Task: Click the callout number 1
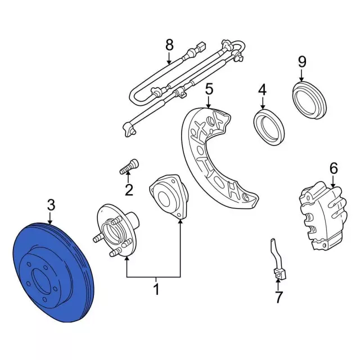pos(156,289)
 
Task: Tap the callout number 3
pos(51,205)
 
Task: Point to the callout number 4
pos(263,89)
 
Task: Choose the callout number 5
pos(209,89)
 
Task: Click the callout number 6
pos(334,168)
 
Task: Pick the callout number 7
pos(278,297)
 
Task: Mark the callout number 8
pos(169,45)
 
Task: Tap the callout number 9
pos(302,62)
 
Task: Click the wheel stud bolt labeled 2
pos(129,166)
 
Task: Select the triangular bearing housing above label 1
pos(169,196)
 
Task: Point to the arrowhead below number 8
pos(169,62)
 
